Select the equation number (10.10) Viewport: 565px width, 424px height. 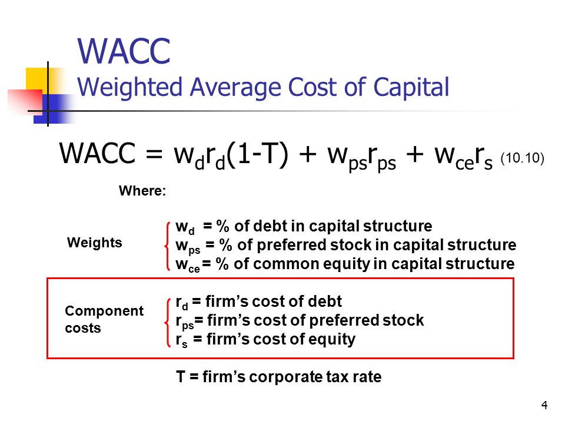pos(522,158)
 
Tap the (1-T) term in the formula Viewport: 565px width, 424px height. pos(258,154)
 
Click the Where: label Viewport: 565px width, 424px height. pos(142,191)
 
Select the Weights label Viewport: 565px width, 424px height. pos(94,243)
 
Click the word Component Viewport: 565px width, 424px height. pos(104,311)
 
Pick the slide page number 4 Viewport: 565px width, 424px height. pos(544,405)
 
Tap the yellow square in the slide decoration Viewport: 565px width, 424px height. pos(36,78)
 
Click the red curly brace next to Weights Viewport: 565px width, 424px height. pos(167,246)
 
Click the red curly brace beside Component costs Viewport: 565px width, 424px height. pos(167,322)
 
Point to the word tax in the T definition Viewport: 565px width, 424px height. pos(337,377)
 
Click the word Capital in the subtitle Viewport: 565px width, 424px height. pos(411,87)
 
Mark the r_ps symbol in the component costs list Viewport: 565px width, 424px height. pos(184,322)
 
